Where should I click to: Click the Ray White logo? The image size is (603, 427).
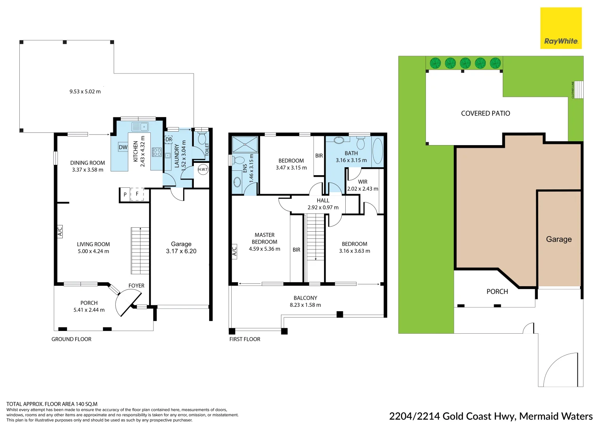[x=560, y=28]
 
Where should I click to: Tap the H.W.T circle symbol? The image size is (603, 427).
[x=203, y=169]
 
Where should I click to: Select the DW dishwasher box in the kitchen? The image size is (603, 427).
[x=123, y=147]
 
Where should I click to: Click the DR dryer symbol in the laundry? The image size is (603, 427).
[x=169, y=140]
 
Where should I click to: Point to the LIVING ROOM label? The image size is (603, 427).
[x=94, y=244]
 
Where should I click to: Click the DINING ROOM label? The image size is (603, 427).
[x=88, y=163]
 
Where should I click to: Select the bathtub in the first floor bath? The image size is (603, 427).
[x=377, y=151]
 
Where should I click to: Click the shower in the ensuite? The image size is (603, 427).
[x=245, y=144]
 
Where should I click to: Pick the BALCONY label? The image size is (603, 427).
[x=305, y=298]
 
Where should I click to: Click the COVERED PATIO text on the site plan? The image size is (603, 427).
[x=485, y=113]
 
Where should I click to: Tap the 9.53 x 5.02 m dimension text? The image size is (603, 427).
[x=85, y=91]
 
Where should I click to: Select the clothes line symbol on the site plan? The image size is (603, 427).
[x=578, y=90]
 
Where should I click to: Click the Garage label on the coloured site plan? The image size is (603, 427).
[x=559, y=239]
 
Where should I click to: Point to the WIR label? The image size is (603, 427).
[x=363, y=182]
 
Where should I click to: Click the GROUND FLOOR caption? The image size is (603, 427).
[x=71, y=339]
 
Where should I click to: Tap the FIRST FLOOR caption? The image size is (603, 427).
[x=245, y=339]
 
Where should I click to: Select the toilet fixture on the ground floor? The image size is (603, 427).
[x=202, y=138]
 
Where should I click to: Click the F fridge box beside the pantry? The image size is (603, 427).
[x=137, y=194]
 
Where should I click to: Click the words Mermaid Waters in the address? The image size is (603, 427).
[x=556, y=416]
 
